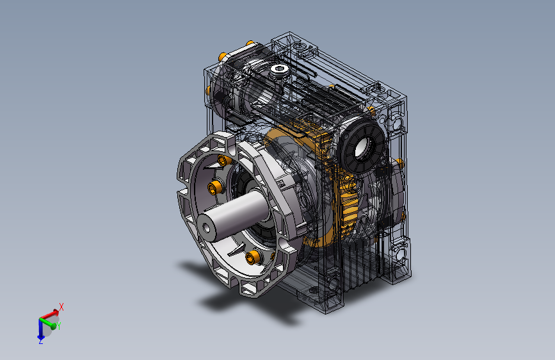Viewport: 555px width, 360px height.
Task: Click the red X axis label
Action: point(61,307)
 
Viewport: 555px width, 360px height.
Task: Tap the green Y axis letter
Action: point(59,326)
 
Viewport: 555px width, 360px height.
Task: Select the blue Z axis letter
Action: point(41,341)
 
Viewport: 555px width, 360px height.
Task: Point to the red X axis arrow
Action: point(49,314)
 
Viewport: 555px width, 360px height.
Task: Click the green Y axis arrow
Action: point(48,323)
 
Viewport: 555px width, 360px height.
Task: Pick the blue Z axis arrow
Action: point(40,329)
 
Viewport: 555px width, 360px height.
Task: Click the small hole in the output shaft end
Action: point(207,228)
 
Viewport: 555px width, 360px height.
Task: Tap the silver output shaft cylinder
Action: point(232,215)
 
